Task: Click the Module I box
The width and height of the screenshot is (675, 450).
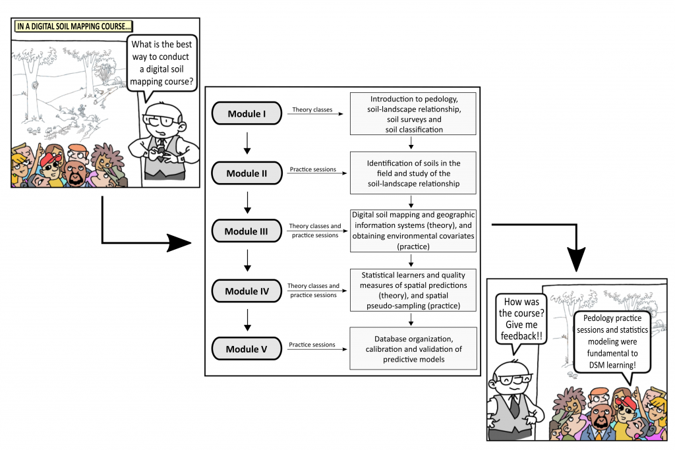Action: click(x=247, y=114)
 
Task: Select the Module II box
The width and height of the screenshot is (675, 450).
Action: click(x=247, y=173)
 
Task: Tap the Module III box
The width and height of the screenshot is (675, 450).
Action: click(x=247, y=231)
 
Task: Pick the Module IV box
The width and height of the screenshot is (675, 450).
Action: click(x=247, y=290)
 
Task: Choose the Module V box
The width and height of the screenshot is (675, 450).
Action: click(x=247, y=349)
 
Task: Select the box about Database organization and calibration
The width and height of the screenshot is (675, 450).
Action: click(x=413, y=348)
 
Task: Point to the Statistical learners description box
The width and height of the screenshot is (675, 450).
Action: click(x=413, y=290)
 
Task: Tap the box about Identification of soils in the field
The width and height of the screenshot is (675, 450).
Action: click(x=413, y=173)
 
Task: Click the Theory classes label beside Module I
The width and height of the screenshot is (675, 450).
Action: click(x=312, y=109)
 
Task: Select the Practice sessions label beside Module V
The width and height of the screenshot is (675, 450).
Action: click(x=312, y=345)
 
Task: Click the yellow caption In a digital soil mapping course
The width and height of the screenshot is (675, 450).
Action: click(x=73, y=27)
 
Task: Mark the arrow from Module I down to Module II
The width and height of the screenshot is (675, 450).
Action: click(x=247, y=143)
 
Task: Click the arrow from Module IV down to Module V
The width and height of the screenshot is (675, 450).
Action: click(x=247, y=320)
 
